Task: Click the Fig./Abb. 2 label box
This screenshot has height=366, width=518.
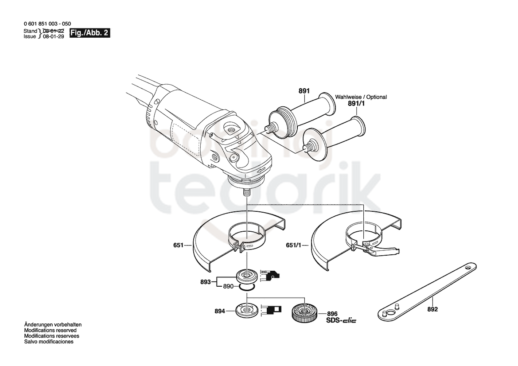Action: [90, 33]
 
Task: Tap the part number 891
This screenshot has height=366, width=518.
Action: [304, 91]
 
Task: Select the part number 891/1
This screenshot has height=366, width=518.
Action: [356, 104]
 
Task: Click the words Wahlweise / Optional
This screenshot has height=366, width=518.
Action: [361, 97]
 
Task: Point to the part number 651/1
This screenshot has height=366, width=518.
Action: [294, 245]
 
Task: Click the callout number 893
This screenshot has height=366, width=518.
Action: [206, 282]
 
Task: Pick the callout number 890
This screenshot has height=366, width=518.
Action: [228, 286]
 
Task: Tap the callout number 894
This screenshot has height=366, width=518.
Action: [220, 311]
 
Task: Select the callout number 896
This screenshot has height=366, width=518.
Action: [332, 314]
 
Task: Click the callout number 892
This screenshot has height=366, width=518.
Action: [432, 309]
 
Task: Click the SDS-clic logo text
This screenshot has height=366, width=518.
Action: [341, 320]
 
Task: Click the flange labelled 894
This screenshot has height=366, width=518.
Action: [246, 310]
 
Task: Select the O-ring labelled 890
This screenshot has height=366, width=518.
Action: [246, 288]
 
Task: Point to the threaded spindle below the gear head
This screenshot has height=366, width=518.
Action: [246, 192]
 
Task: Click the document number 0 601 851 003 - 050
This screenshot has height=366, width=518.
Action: [47, 24]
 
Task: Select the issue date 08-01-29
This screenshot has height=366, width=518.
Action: [54, 36]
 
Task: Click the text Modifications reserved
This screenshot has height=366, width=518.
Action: [50, 330]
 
